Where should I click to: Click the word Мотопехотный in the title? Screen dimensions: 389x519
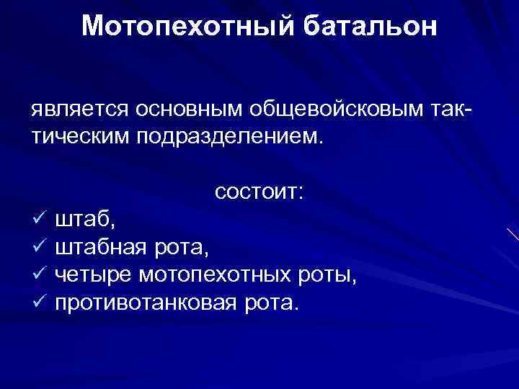[187, 26]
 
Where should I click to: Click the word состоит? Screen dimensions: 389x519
[259, 193]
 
